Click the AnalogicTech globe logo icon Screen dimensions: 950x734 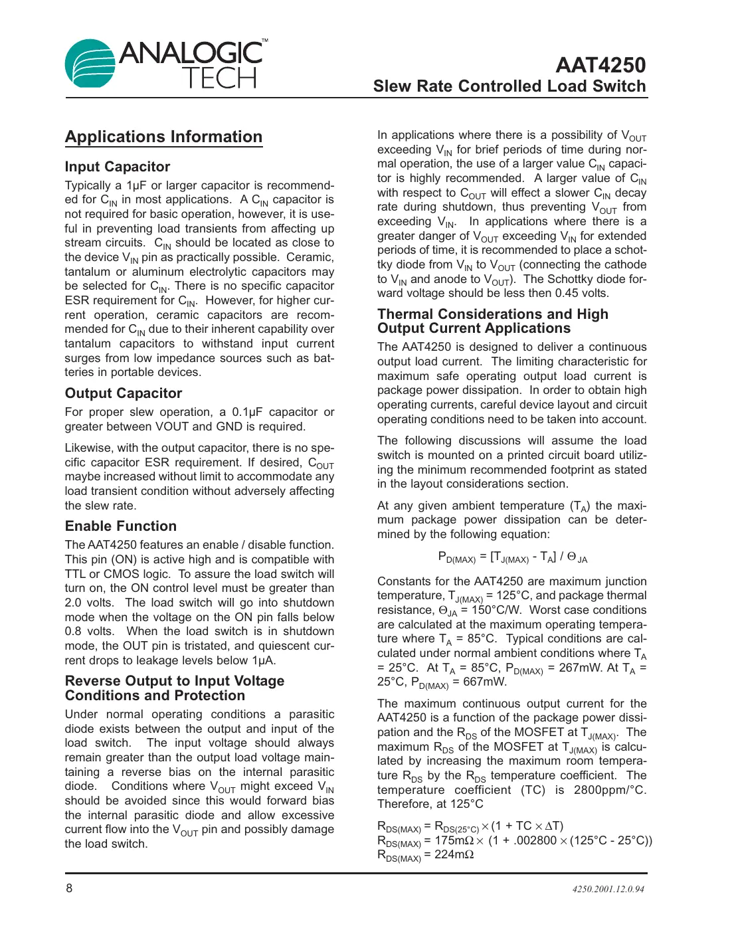coord(90,64)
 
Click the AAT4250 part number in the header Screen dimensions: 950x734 coord(600,65)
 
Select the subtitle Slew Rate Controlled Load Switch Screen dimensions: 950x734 coord(509,86)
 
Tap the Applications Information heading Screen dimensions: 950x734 coord(163,137)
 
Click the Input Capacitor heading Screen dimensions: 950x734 coord(118,167)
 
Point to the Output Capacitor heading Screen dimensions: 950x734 coord(124,393)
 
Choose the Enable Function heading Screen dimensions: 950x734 coord(121,526)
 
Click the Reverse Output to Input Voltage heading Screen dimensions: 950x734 coord(174,682)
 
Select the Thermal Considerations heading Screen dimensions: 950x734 coord(492,314)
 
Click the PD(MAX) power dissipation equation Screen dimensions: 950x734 coord(512,557)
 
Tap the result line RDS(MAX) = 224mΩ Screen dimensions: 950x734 coord(425,855)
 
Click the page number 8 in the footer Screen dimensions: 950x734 coord(69,888)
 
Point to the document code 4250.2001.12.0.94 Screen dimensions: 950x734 coord(608,890)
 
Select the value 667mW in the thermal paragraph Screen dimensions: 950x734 coord(485,682)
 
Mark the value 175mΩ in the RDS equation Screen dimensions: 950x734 coord(454,840)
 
